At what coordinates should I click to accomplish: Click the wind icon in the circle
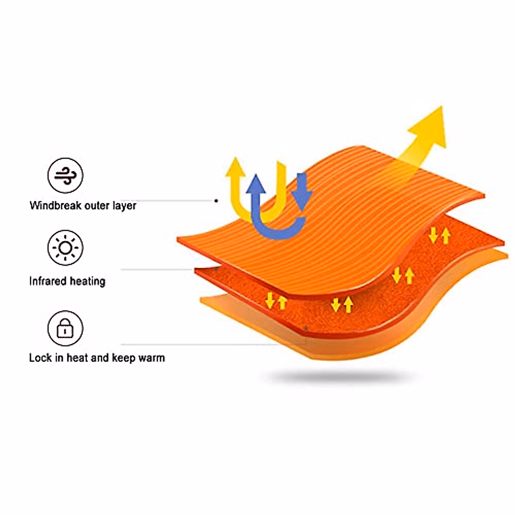coord(65,176)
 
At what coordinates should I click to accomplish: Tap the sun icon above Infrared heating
coord(65,248)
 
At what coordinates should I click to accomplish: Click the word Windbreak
coord(55,206)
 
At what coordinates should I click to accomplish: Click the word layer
coord(124,206)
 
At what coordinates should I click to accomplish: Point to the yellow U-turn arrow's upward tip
coord(236,165)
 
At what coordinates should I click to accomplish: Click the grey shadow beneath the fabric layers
coord(339,377)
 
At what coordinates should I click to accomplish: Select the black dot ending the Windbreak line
coord(216,200)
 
